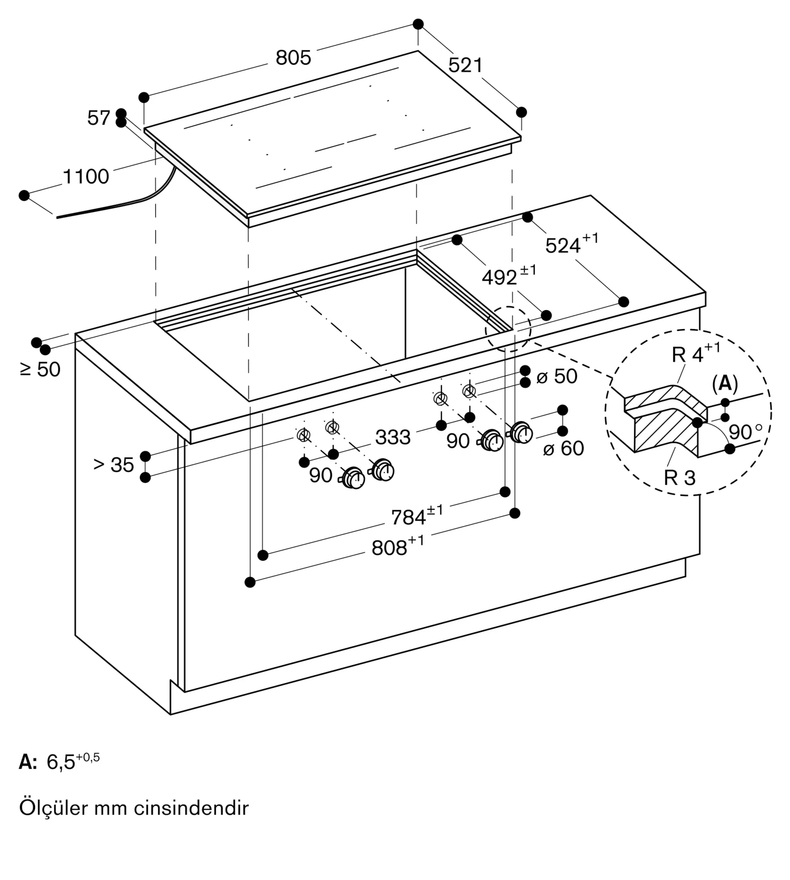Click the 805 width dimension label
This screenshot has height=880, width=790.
pyautogui.click(x=293, y=58)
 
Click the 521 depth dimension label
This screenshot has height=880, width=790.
pyautogui.click(x=465, y=65)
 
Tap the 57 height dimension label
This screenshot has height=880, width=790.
pyautogui.click(x=99, y=118)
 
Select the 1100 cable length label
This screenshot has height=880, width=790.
pyautogui.click(x=86, y=176)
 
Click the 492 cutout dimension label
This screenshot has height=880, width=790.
pyautogui.click(x=509, y=275)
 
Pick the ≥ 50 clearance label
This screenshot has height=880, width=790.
pyautogui.click(x=40, y=369)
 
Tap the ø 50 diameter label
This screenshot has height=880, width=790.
pyautogui.click(x=557, y=376)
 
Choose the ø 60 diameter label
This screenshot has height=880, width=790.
pyautogui.click(x=564, y=448)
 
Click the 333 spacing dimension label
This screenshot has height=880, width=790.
pyautogui.click(x=393, y=437)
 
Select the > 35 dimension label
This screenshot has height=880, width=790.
pyautogui.click(x=114, y=465)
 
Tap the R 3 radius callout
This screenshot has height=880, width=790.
pyautogui.click(x=680, y=478)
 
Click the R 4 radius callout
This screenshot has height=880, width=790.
pyautogui.click(x=696, y=353)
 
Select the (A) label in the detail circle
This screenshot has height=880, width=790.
pyautogui.click(x=724, y=384)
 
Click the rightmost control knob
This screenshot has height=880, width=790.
pyautogui.click(x=521, y=433)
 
